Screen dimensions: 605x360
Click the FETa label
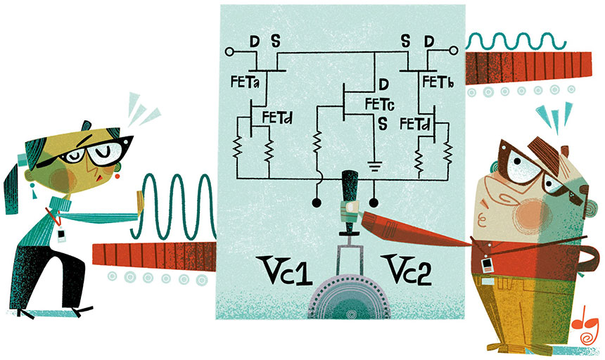[245, 82]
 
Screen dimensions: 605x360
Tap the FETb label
[438, 82]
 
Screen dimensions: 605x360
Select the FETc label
[380, 104]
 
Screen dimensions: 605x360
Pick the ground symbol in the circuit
[374, 166]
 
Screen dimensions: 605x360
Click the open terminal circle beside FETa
[229, 51]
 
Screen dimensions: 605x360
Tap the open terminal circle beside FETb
[454, 50]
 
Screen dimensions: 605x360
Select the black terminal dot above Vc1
[317, 202]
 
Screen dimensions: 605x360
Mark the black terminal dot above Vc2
[374, 202]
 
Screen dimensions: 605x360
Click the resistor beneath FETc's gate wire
[317, 142]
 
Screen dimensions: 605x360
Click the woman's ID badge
[61, 235]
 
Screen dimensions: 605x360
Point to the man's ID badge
[487, 266]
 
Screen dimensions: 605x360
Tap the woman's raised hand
[140, 205]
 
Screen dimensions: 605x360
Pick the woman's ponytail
[11, 190]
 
